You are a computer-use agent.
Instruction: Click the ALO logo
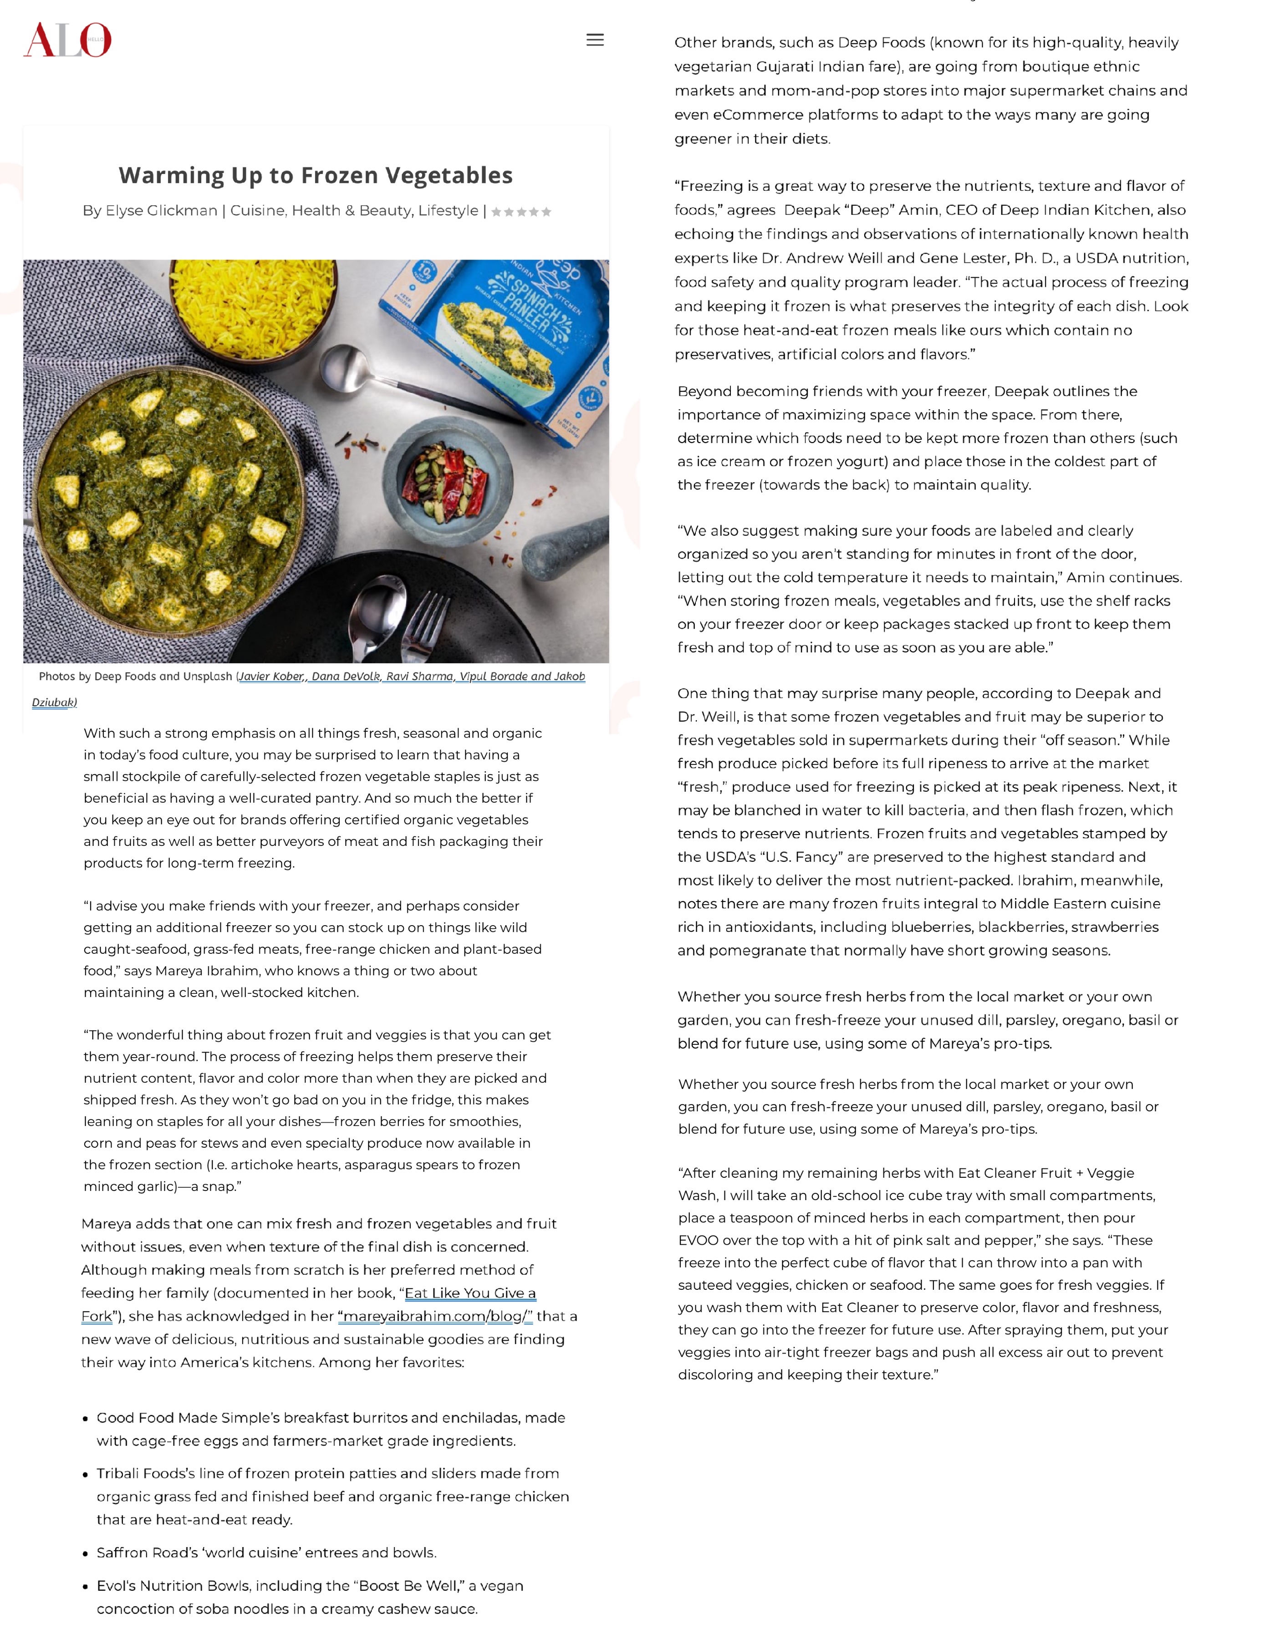coord(67,40)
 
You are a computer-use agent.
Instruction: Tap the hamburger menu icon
coord(594,40)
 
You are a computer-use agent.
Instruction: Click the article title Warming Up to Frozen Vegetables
coord(315,175)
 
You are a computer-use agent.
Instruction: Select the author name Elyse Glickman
coord(161,211)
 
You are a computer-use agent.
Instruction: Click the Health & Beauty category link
coord(351,211)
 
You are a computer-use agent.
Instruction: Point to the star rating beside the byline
coord(521,212)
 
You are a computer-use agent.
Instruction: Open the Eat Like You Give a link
coord(470,1293)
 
